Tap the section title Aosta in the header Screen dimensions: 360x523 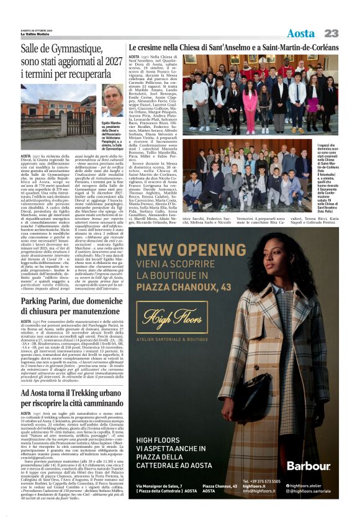pyautogui.click(x=300, y=33)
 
